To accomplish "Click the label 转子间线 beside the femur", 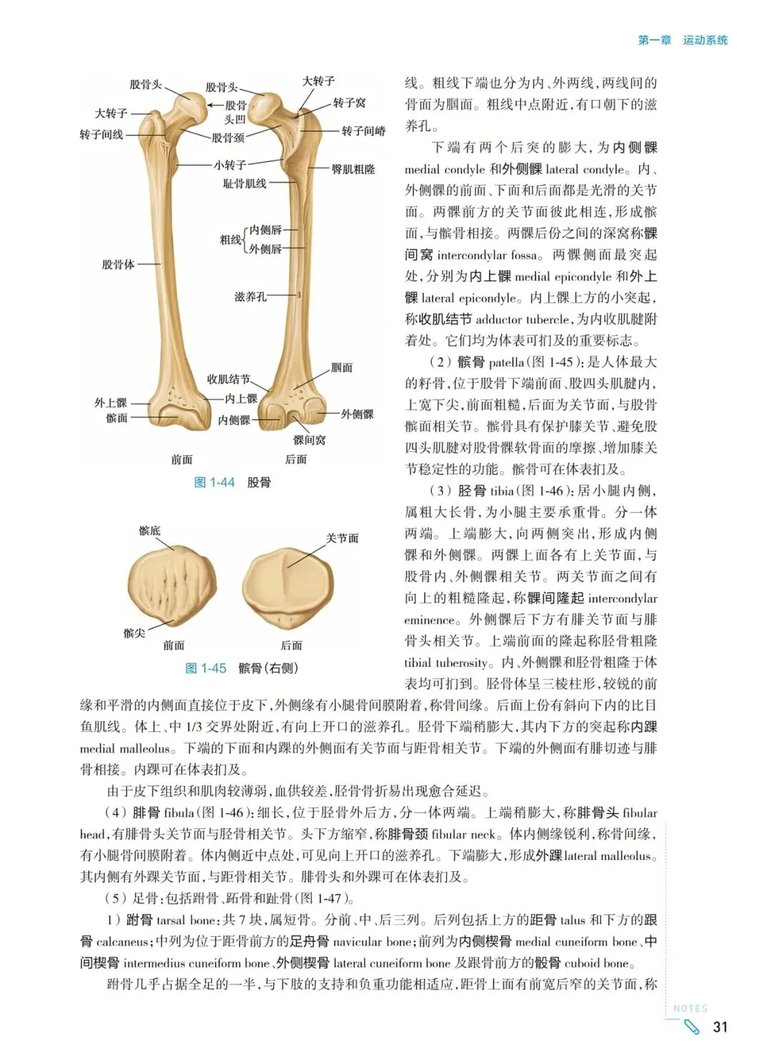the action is tap(101, 134).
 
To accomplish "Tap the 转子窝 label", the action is tap(349, 103).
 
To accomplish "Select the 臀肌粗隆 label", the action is tap(353, 169).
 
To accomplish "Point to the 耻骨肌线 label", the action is tap(245, 184).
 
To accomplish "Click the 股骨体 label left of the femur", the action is tap(118, 264).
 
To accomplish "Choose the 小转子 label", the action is tap(230, 165).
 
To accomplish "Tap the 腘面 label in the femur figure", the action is tap(342, 368).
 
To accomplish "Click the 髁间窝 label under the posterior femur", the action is tap(309, 440).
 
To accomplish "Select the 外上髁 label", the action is tap(111, 403).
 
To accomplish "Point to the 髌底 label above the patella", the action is tap(150, 531).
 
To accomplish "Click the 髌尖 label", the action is tap(134, 633).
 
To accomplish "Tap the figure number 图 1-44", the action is tap(214, 483).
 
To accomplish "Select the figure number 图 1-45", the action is tap(206, 668).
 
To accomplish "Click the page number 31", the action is tap(720, 1027).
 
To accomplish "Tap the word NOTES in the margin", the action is tap(690, 1008).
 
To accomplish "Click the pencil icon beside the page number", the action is tap(692, 1028).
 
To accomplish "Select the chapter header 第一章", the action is tap(654, 40).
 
